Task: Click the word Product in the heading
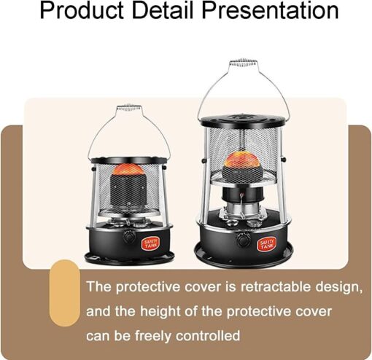[x=82, y=10]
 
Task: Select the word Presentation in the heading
[x=270, y=10]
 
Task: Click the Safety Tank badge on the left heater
[x=151, y=243]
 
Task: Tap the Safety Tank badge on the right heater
[x=267, y=243]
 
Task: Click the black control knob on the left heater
[x=129, y=236]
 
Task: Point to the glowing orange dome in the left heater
[x=128, y=169]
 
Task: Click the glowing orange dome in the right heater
[x=243, y=159]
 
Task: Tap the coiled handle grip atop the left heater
[x=128, y=107]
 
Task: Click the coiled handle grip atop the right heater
[x=244, y=61]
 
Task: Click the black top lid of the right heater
[x=243, y=120]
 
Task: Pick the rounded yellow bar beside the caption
[x=65, y=293]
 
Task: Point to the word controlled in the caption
[x=208, y=336]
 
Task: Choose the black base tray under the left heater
[x=129, y=258]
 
